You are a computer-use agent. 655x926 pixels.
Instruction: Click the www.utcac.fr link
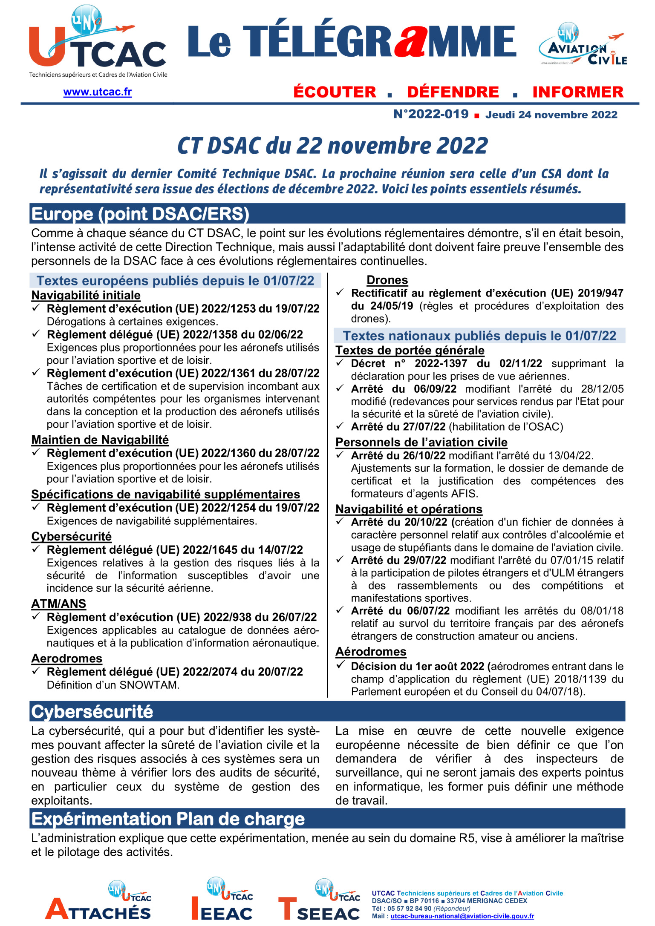[97, 92]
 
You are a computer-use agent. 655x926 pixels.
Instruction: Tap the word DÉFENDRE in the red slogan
[453, 92]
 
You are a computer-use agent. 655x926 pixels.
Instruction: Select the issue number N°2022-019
[430, 114]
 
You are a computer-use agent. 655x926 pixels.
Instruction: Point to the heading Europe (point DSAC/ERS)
[140, 214]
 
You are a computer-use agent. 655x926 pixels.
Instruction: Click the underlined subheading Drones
[387, 280]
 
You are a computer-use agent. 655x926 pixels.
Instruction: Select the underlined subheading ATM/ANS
[58, 604]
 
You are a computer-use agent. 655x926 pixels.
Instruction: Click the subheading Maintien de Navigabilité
[100, 440]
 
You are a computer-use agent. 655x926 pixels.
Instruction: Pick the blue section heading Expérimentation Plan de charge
[168, 819]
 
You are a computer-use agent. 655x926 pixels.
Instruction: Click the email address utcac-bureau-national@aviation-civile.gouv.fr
[462, 916]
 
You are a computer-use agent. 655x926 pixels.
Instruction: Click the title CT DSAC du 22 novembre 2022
[332, 146]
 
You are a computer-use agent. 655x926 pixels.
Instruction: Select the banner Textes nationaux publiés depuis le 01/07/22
[479, 336]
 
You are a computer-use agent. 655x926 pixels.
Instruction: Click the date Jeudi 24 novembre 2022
[551, 115]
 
